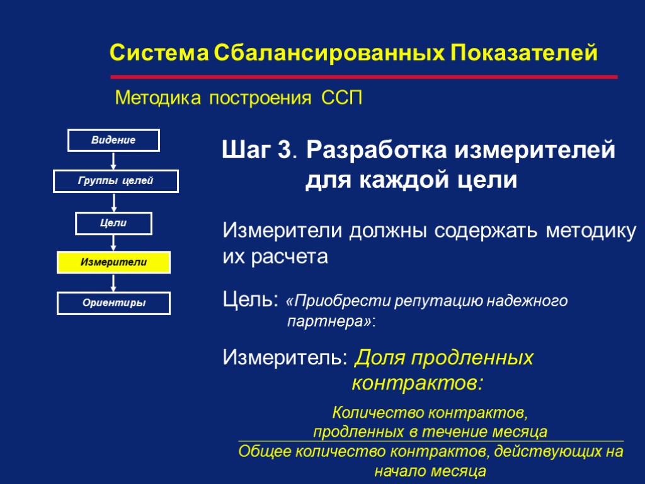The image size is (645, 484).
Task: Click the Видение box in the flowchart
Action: [113, 140]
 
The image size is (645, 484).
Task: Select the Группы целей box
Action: [115, 181]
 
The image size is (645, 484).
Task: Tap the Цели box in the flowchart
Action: [113, 223]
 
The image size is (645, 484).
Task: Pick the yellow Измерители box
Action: [113, 263]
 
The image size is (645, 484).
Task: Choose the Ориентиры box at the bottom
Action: [113, 303]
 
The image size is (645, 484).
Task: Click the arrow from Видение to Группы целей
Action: [113, 161]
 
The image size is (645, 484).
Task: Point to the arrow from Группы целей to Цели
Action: [114, 202]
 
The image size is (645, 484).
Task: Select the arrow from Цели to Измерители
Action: [114, 243]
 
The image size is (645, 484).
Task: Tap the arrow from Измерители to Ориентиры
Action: [114, 283]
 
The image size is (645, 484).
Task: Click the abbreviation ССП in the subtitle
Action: [342, 98]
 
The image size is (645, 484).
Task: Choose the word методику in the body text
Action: [588, 231]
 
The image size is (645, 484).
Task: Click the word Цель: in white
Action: [250, 301]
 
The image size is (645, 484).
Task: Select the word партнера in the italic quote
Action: [326, 322]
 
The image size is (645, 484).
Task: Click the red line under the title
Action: [364, 77]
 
